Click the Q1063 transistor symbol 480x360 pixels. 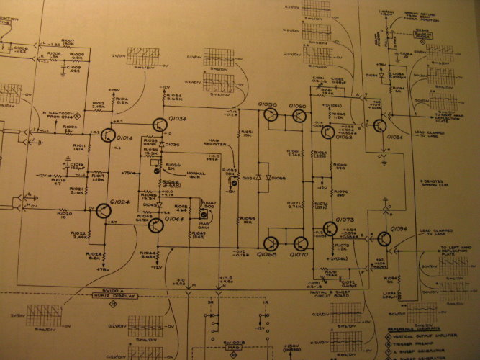pyautogui.click(x=328, y=132)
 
